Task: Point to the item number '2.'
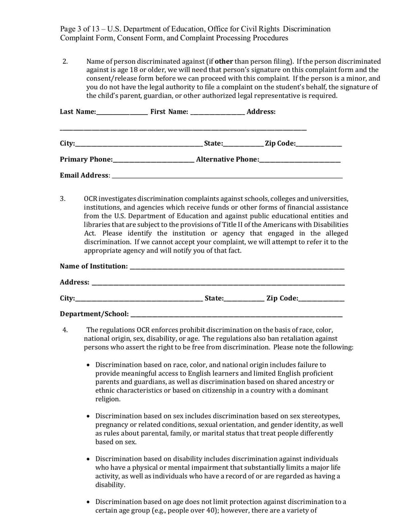point(65,61)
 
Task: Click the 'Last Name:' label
point(78,112)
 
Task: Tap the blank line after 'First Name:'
point(217,113)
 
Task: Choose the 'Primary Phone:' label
point(86,160)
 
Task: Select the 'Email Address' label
point(84,175)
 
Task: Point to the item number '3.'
point(63,198)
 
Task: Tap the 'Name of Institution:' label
point(94,266)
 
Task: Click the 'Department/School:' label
point(94,314)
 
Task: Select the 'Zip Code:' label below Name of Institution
point(282,298)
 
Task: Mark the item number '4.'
point(65,330)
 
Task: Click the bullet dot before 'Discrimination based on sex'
point(89,416)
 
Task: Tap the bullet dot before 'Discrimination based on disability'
point(89,459)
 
